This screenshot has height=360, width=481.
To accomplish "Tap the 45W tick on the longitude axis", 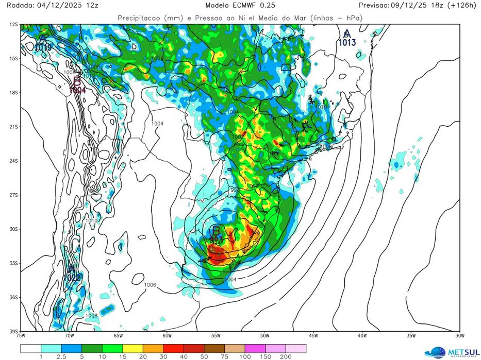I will [313, 336].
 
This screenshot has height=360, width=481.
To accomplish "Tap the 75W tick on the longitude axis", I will [21, 336].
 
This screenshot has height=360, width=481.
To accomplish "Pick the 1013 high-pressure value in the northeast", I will [347, 43].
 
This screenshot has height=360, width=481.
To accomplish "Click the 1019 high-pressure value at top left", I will [43, 48].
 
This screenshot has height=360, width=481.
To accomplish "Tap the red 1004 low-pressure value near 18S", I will [77, 90].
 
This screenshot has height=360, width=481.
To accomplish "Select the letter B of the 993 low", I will [217, 230].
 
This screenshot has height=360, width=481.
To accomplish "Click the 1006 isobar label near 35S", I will [150, 285].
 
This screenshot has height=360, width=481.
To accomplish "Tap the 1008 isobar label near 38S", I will [91, 315].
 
